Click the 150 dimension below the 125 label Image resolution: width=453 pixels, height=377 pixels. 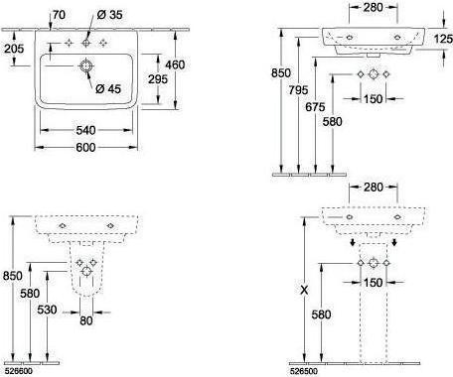[x=373, y=98]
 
